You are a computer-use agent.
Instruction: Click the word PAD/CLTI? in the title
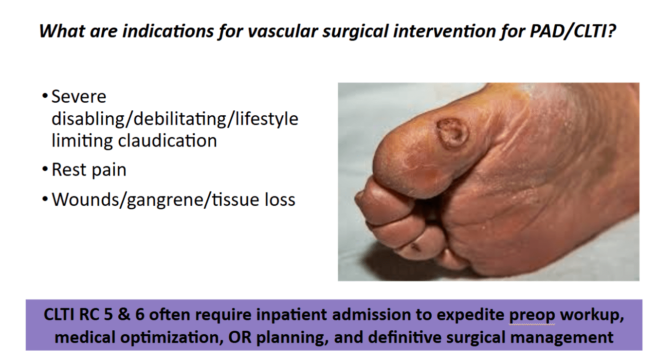(x=572, y=31)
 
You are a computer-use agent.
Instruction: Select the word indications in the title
(x=168, y=31)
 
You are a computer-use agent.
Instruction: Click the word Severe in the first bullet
(x=79, y=96)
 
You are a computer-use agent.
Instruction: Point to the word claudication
(x=167, y=141)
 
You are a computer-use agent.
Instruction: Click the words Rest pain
(x=89, y=170)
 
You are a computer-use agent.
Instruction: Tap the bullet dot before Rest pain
(x=45, y=169)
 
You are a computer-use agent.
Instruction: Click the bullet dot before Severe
(x=45, y=95)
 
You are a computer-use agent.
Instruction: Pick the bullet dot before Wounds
(x=45, y=199)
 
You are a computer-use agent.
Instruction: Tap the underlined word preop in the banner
(x=532, y=315)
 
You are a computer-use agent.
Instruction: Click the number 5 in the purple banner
(x=108, y=315)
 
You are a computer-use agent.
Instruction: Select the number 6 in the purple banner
(x=140, y=315)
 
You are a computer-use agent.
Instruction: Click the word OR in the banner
(x=240, y=338)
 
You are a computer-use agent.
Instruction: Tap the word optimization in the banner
(x=170, y=338)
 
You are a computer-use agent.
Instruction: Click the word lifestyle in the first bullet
(x=267, y=119)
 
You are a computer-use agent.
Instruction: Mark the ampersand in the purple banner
(x=124, y=315)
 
